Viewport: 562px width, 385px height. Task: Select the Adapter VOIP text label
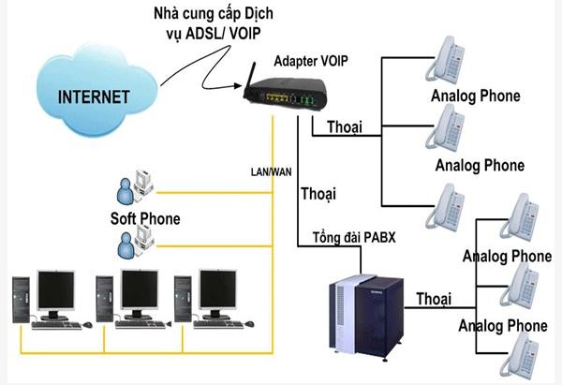(x=311, y=61)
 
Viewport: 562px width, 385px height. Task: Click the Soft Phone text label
(x=145, y=219)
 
